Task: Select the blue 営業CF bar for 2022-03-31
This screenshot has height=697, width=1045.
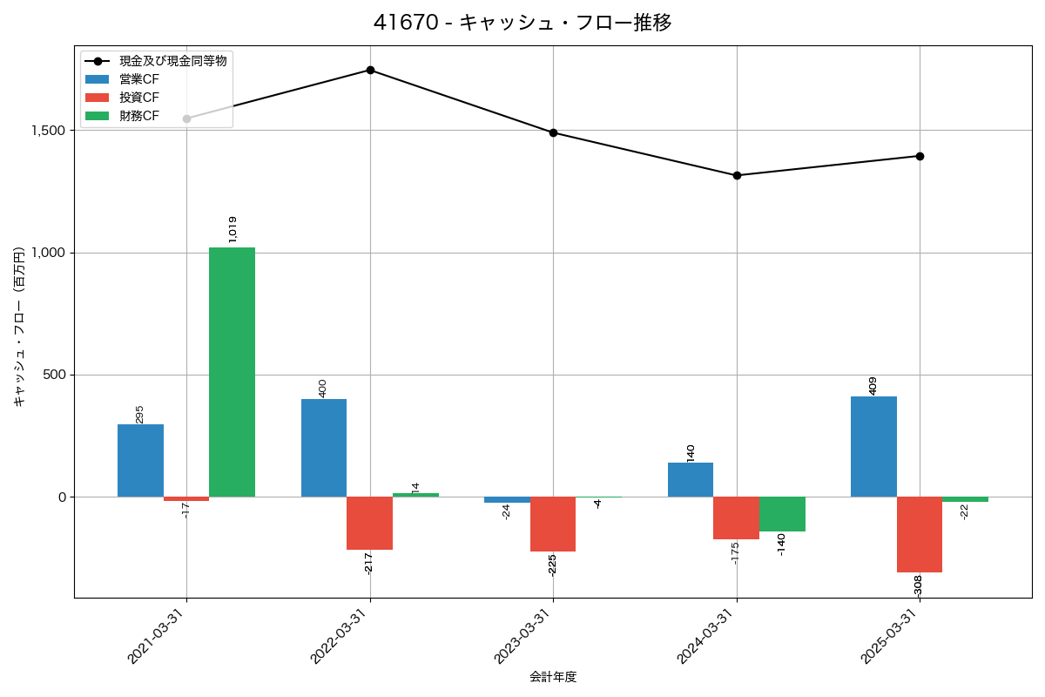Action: click(324, 448)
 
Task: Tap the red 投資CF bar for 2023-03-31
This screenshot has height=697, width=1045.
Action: click(553, 524)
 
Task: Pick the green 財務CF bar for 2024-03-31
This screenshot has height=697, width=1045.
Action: click(782, 514)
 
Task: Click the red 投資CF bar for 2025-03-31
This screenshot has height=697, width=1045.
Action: click(920, 534)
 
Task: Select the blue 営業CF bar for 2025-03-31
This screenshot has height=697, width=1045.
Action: click(873, 446)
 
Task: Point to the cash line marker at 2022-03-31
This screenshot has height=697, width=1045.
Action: click(370, 70)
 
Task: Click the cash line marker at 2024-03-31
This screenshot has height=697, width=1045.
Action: click(737, 175)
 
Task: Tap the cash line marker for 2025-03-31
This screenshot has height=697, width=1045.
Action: click(920, 156)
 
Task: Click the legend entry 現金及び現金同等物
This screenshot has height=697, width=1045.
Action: click(172, 61)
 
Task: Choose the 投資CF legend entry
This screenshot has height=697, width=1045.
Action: click(139, 98)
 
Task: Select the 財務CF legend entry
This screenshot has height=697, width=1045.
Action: click(139, 116)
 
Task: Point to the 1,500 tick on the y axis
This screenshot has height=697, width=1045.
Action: click(48, 131)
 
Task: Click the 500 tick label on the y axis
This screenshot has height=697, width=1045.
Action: click(56, 376)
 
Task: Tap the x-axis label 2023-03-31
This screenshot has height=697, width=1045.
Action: click(522, 637)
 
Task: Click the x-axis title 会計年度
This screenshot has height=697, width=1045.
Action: click(553, 677)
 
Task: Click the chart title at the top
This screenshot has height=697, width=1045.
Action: click(522, 23)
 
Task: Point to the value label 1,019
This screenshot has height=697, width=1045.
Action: click(233, 229)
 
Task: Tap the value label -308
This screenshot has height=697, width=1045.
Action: click(918, 585)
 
